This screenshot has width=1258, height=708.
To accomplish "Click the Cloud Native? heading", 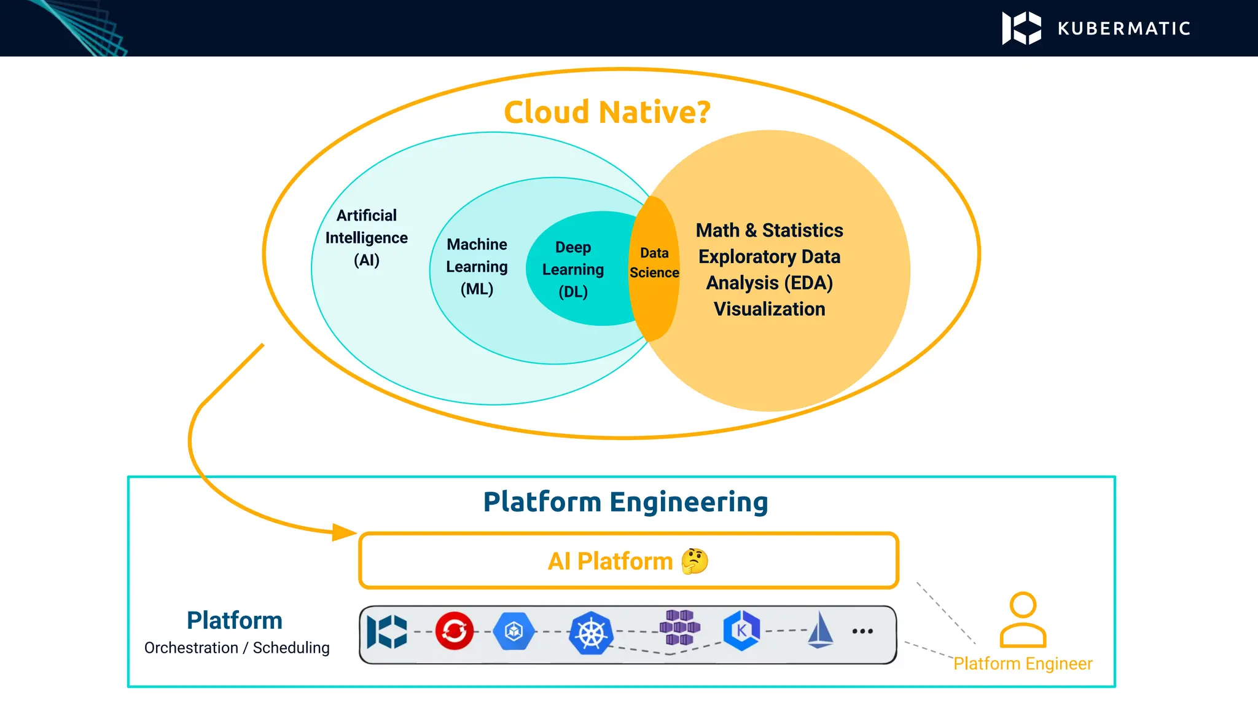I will (x=607, y=112).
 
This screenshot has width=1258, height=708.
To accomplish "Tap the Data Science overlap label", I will (x=654, y=263).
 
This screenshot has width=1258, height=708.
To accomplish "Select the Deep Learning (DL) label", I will (x=573, y=269).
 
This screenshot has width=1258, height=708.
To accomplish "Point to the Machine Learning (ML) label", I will (x=477, y=267).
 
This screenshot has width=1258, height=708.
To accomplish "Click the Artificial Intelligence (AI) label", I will (x=367, y=238).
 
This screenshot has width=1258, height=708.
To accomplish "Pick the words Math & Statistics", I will (x=769, y=230).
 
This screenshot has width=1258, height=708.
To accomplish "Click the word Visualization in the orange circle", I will (x=769, y=309).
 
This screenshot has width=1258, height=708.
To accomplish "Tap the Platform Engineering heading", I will (x=625, y=502).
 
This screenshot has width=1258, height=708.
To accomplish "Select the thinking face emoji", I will (x=695, y=561).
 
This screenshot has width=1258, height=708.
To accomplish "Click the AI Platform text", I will (x=610, y=561).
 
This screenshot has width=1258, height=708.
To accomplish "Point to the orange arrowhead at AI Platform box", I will (x=344, y=532).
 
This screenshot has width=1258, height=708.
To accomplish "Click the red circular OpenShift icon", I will (x=455, y=631).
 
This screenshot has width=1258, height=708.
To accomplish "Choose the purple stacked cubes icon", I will (x=679, y=627).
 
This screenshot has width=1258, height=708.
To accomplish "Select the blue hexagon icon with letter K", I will (x=741, y=631).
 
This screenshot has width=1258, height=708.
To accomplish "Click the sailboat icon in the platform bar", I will (x=821, y=630).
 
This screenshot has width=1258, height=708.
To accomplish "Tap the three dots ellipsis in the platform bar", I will (x=862, y=631).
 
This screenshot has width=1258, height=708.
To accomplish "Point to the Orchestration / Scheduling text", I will (x=237, y=648).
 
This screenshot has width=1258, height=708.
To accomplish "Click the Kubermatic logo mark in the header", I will (x=1021, y=28).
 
